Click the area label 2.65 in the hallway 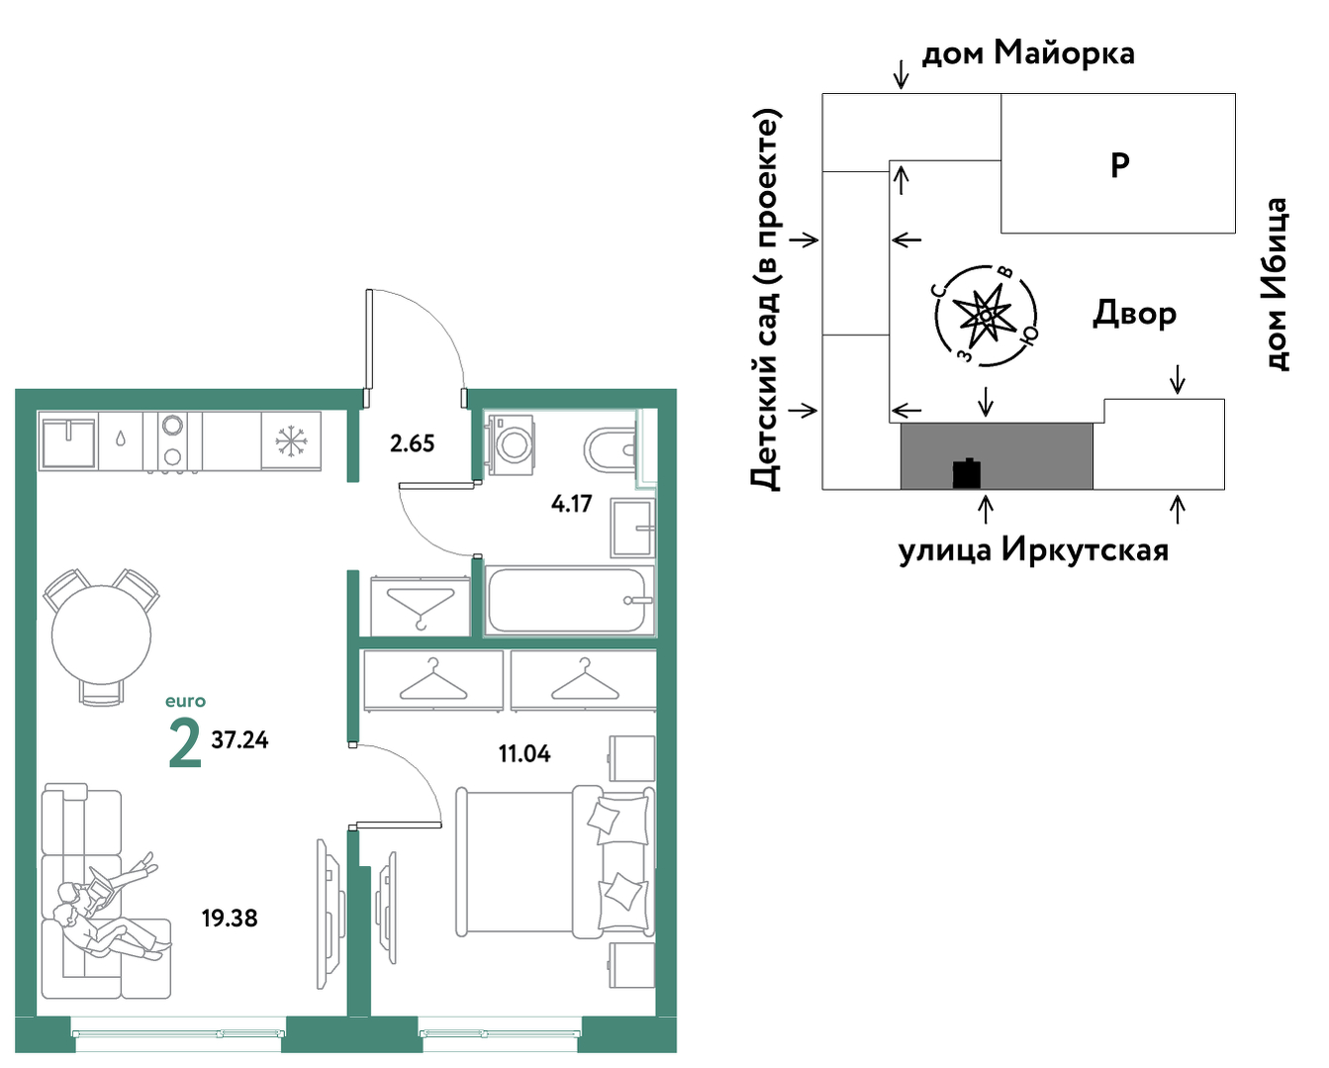pyautogui.click(x=412, y=443)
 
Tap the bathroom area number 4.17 pyautogui.click(x=571, y=504)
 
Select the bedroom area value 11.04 pyautogui.click(x=524, y=753)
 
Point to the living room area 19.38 pyautogui.click(x=230, y=919)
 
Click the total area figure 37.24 pyautogui.click(x=239, y=740)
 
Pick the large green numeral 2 pyautogui.click(x=185, y=744)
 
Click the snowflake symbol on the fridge pyautogui.click(x=290, y=441)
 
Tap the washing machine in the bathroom pyautogui.click(x=511, y=444)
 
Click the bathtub pyautogui.click(x=569, y=600)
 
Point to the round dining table pyautogui.click(x=101, y=634)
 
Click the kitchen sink pyautogui.click(x=68, y=440)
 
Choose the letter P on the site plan pyautogui.click(x=1119, y=165)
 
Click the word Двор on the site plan pyautogui.click(x=1135, y=314)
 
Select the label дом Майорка pyautogui.click(x=1028, y=53)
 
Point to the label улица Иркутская pyautogui.click(x=1033, y=549)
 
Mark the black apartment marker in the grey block pyautogui.click(x=967, y=474)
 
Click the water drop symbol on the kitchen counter pyautogui.click(x=121, y=439)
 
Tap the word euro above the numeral pyautogui.click(x=185, y=701)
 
